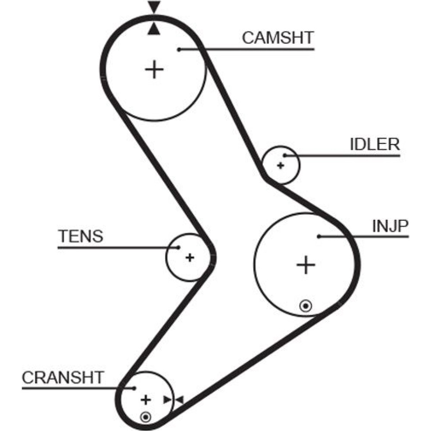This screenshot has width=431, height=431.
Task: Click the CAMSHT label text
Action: click(278, 37)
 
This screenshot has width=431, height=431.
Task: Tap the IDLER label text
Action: click(375, 144)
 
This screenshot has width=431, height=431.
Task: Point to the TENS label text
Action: click(81, 236)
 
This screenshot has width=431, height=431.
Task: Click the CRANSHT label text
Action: click(63, 378)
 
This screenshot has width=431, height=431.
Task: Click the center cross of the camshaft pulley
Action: click(154, 69)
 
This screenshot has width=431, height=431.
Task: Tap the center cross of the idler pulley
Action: click(281, 165)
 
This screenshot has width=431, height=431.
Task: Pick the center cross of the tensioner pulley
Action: click(190, 257)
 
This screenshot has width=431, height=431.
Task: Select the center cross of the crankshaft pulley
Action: click(146, 400)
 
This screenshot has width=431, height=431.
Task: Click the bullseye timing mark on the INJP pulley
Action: click(306, 306)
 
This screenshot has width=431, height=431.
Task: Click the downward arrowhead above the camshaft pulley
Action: click(154, 7)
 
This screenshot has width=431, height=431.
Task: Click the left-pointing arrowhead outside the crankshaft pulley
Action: click(179, 400)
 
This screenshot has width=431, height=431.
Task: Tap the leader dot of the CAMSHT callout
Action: click(179, 50)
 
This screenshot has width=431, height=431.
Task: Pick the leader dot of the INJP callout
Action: click(319, 236)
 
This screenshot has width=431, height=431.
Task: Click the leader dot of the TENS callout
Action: click(178, 247)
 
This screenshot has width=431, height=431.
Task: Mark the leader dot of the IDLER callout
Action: click(284, 155)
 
